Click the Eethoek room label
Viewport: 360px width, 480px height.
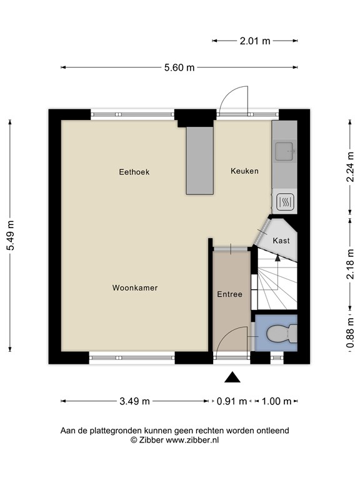tap(134, 171)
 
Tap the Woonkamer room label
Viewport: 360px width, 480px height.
tap(134, 288)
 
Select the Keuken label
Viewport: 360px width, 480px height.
tap(244, 171)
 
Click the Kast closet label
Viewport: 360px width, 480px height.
tap(281, 240)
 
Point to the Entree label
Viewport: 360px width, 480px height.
tap(229, 294)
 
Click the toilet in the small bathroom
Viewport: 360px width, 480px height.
tap(279, 336)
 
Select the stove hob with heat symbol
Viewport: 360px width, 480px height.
tap(284, 201)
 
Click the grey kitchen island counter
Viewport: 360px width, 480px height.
tap(200, 160)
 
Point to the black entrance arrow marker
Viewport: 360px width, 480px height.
tap(232, 377)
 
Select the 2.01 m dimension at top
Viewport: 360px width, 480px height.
tap(255, 41)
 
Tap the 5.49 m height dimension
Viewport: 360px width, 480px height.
tap(10, 234)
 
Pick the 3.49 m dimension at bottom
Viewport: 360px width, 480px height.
tap(134, 401)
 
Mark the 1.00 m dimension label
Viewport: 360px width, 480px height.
tap(276, 401)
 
